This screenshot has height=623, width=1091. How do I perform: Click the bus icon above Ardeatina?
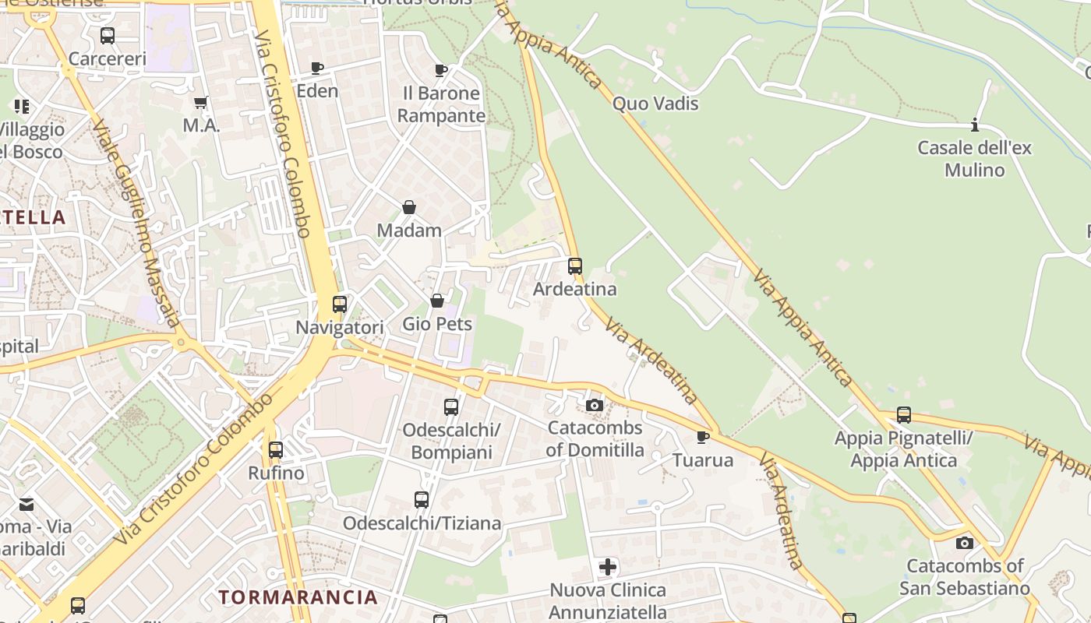click(575, 266)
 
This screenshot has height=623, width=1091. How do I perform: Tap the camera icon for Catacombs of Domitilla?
click(595, 405)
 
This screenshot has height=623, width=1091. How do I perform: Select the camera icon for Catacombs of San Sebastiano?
click(965, 543)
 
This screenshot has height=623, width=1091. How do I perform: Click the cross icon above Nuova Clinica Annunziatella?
click(608, 567)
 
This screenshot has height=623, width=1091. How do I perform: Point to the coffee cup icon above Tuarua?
click(703, 437)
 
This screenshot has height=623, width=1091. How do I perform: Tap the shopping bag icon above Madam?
click(409, 207)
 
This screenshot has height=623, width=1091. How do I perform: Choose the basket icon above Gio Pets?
click(437, 301)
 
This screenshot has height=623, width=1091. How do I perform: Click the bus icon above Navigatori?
click(340, 304)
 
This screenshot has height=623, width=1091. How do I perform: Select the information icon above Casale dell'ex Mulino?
click(974, 125)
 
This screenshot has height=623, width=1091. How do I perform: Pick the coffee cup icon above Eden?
click(317, 68)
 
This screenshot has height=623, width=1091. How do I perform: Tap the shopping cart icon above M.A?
click(201, 103)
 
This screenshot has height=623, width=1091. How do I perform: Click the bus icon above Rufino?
click(276, 450)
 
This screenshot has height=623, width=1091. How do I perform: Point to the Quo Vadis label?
click(655, 104)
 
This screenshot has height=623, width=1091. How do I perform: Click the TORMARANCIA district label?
click(298, 597)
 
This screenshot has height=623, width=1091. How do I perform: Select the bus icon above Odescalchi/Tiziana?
click(422, 500)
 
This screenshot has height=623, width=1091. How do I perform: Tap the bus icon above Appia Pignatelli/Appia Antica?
click(904, 415)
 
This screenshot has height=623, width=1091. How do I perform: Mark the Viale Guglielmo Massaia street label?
click(136, 222)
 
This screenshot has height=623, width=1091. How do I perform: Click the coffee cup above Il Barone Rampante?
click(441, 71)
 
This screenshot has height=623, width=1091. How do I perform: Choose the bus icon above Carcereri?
click(108, 36)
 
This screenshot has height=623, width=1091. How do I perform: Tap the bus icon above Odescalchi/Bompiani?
click(451, 407)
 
